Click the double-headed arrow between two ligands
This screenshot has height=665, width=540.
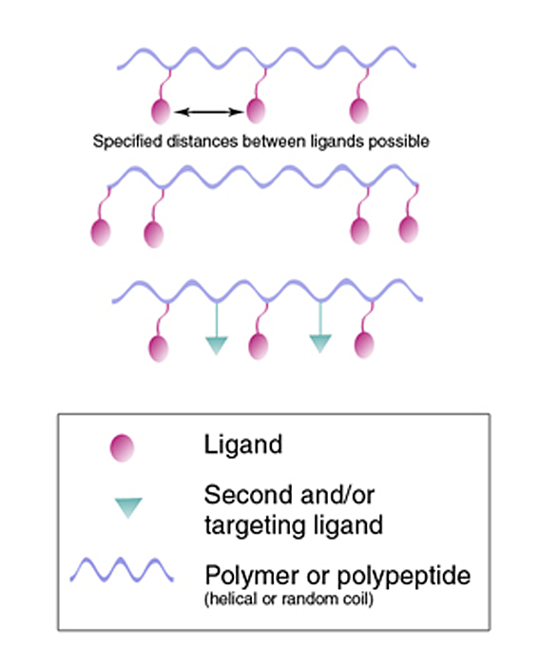pos(209,112)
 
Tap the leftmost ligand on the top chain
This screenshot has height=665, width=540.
pos(161,111)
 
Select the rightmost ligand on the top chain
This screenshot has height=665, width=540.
pos(358,111)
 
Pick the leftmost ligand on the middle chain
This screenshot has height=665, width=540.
pos(101,233)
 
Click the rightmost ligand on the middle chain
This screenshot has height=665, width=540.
pos(409,230)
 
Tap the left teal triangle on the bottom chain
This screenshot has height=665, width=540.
pos(217,345)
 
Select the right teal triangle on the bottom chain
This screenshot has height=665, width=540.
pos(320,343)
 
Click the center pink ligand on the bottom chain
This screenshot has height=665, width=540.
pos(258,347)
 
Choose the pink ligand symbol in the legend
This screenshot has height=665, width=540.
pos(122,447)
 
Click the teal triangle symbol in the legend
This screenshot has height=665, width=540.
pos(128,507)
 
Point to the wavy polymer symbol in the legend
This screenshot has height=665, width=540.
pos(122,569)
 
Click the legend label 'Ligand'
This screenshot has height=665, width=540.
pos(243,446)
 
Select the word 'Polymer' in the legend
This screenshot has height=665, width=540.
pos(252,576)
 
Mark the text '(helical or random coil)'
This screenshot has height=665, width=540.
pos(289,599)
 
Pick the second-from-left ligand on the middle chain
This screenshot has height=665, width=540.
pos(154,235)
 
